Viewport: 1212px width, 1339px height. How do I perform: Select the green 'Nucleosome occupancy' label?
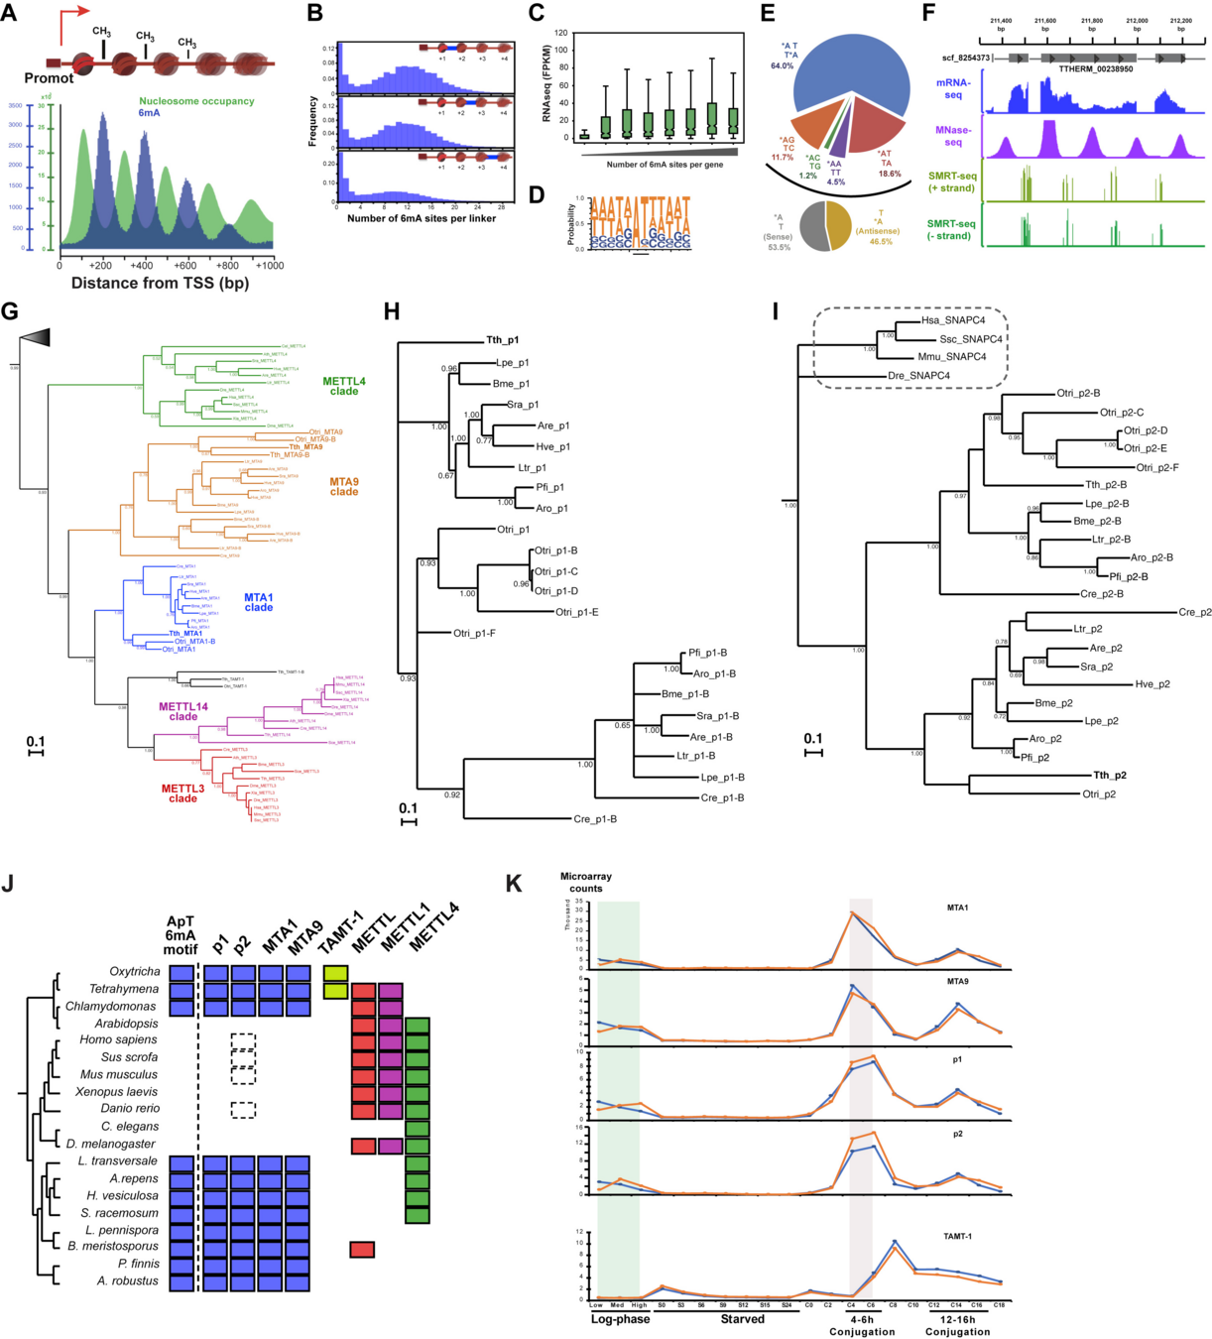[196, 101]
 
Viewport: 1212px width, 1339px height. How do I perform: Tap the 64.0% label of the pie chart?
[783, 66]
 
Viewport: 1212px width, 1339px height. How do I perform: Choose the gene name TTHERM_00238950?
[1095, 69]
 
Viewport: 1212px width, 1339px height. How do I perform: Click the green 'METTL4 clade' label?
[343, 386]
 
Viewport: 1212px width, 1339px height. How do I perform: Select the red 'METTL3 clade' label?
[183, 793]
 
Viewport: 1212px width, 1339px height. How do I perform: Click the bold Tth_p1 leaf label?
[502, 340]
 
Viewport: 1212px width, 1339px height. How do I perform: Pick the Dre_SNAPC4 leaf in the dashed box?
[920, 376]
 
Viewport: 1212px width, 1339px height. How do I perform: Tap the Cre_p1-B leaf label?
[595, 819]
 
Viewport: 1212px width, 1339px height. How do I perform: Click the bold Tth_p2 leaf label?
[1110, 776]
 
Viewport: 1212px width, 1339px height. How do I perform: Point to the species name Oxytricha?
[134, 972]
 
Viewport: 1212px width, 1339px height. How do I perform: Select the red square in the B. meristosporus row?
[362, 1249]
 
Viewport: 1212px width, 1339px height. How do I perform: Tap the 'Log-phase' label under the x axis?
[620, 1319]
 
